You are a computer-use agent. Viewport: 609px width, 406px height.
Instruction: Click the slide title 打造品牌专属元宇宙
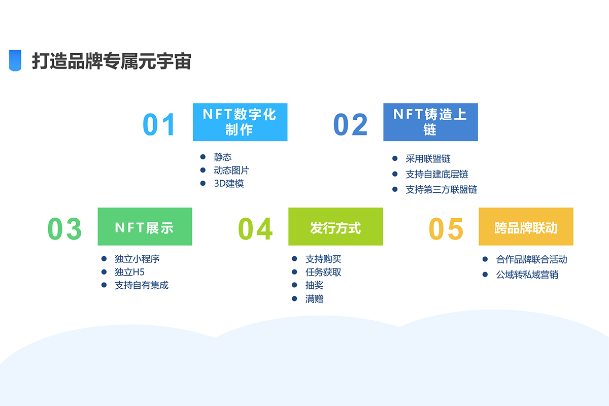pos(112,61)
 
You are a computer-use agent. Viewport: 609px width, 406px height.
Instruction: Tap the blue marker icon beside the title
pos(15,60)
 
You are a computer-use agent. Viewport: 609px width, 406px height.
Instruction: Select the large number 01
pos(159,124)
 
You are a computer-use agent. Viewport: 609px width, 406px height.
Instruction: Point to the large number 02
pos(351,124)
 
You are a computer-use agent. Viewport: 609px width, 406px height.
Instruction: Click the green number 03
pos(65,229)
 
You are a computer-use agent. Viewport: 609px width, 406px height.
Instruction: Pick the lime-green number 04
pos(255,229)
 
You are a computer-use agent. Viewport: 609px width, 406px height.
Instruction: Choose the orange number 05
pos(446,229)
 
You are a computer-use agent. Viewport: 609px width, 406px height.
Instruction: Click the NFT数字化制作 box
pos(240,122)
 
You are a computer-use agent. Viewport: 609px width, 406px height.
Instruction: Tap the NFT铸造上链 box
pos(431,122)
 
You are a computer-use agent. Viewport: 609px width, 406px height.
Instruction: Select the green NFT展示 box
pos(145,226)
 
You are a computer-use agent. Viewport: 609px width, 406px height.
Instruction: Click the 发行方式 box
pos(335,226)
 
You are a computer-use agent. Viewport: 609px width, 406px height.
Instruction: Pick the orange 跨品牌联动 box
pos(526,226)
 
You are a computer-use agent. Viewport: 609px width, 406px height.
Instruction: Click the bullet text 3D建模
pos(229,184)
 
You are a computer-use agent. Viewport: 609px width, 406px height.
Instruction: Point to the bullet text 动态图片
pos(231,170)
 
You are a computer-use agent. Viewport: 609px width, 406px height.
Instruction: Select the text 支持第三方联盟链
pos(441,189)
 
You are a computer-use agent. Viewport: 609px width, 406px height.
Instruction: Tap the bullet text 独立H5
pos(130,272)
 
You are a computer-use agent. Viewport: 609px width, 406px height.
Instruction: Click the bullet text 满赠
pos(314,299)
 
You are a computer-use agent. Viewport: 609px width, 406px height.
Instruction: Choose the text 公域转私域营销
pos(527,275)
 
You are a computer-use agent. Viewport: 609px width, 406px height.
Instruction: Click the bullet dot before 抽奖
pos(294,285)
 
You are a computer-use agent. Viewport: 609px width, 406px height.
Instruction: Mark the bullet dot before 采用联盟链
pos(395,158)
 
